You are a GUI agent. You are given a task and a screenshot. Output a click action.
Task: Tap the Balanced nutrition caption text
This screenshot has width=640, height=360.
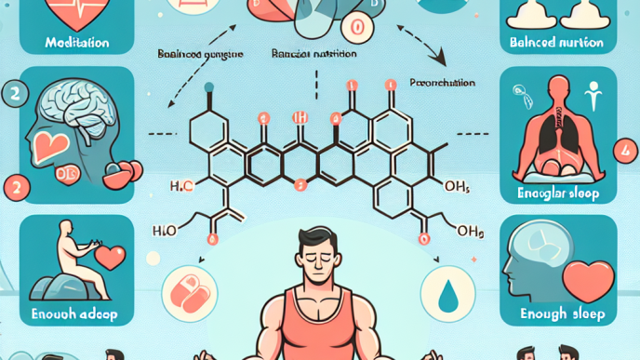pyautogui.click(x=556, y=42)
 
